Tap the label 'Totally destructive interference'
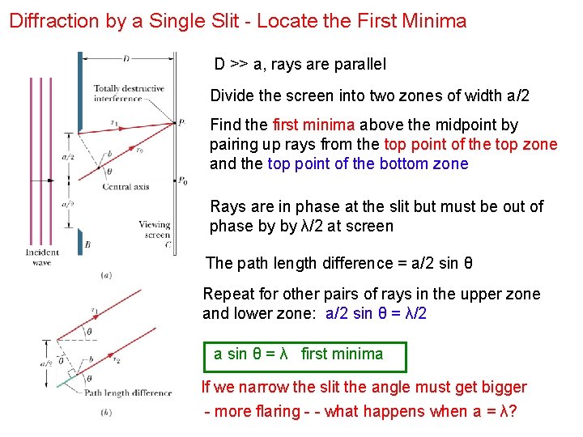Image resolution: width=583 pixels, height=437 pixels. point(129,94)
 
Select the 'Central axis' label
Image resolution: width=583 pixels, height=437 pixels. point(126,187)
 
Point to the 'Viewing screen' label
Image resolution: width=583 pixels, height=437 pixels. point(154,230)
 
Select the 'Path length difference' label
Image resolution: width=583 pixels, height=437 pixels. point(129,392)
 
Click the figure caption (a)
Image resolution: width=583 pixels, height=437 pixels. point(106,276)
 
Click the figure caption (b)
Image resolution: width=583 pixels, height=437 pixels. point(106,414)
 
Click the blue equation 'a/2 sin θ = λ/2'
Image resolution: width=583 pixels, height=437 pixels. point(376,314)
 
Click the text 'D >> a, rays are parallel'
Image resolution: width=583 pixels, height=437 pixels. point(300,64)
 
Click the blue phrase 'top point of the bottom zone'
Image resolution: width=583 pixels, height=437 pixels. point(368,163)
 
